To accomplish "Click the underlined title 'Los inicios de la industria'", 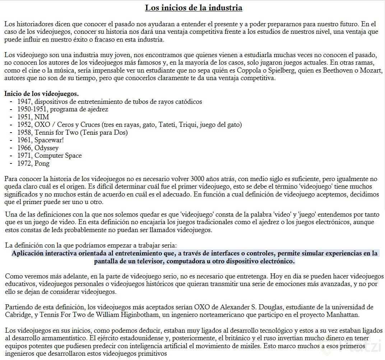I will tap(194, 8).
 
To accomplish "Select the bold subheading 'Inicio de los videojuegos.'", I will tap(41, 94).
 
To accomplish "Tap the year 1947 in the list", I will tap(24, 102).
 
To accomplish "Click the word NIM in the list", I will tap(42, 117).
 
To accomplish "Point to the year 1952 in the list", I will tap(24, 125).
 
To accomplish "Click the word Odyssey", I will tap(46, 148).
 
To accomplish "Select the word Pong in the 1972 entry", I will tap(42, 163).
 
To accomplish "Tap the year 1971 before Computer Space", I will tap(24, 156).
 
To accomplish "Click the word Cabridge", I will tap(18, 315).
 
